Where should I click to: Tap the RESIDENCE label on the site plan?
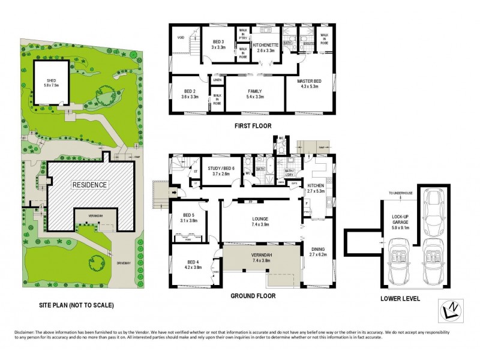[90, 185]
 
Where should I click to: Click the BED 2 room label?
[190, 93]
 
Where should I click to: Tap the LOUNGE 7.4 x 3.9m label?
[260, 221]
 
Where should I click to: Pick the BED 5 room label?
[190, 217]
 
